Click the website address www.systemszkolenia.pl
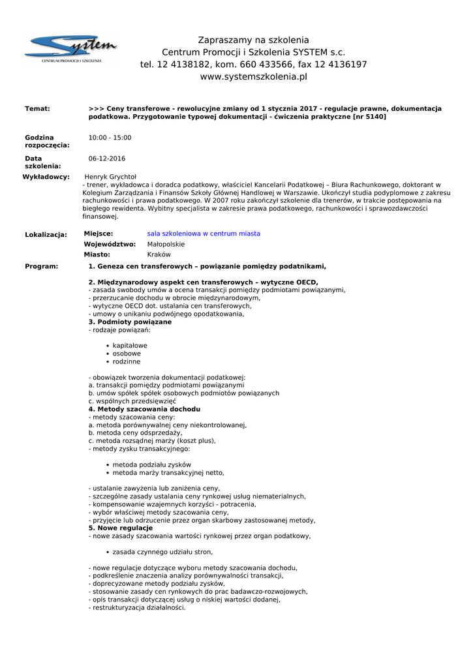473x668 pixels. tap(253, 77)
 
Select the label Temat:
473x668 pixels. tap(37, 108)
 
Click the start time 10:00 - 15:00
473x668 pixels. tap(110, 138)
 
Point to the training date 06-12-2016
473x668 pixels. tap(107, 159)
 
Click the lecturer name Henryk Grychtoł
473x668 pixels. tap(110, 177)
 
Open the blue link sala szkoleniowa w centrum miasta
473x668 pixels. tap(204, 234)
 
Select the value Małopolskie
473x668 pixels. tap(166, 244)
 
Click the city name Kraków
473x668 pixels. tap(159, 254)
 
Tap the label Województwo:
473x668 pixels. tap(110, 244)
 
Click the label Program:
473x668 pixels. tap(41, 266)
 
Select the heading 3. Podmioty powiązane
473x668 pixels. tap(130, 322)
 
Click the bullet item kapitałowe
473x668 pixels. tap(130, 346)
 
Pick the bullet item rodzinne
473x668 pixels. tap(126, 361)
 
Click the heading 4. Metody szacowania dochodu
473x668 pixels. tap(144, 409)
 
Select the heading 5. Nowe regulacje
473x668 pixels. tap(120, 528)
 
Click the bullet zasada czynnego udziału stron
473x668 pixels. tap(162, 552)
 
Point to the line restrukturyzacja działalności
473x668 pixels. tap(138, 607)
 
